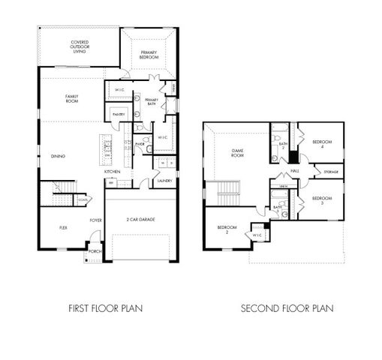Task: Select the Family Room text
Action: tap(72, 98)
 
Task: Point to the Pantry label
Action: tap(118, 114)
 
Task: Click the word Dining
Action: tap(58, 156)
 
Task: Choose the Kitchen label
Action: tap(112, 172)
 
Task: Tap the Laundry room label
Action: tap(164, 181)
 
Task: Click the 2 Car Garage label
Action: tap(141, 219)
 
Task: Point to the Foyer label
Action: tap(96, 220)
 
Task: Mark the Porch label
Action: tap(95, 251)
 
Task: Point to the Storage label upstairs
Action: tap(330, 172)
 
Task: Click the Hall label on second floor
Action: tap(295, 171)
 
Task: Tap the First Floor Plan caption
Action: tap(105, 307)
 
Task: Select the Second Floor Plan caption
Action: tap(287, 307)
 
